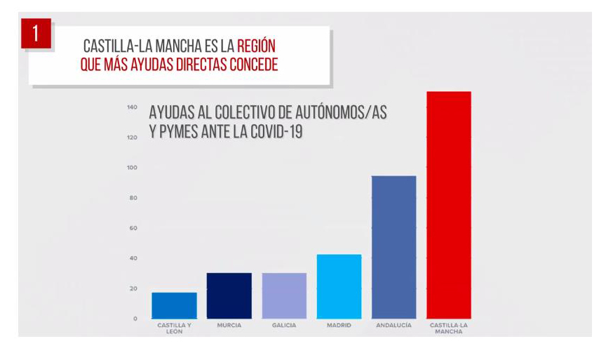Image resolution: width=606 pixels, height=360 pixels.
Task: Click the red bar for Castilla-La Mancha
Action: click(449, 205)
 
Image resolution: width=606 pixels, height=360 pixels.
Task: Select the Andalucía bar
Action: click(394, 247)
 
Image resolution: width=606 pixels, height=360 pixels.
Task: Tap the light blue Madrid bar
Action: click(339, 286)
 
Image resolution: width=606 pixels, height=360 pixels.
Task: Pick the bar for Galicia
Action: click(284, 295)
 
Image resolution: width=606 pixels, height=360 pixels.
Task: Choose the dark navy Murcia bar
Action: click(229, 295)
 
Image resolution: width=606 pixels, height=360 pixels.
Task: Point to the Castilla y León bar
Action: click(174, 305)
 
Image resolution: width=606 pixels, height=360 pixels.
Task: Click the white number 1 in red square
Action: click(36, 35)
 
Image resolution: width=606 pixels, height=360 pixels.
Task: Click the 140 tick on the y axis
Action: click(131, 107)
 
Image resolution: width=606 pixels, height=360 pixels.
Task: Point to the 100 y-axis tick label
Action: click(131, 168)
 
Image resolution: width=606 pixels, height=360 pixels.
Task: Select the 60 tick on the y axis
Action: click(132, 228)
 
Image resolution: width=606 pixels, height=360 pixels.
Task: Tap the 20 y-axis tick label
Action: click(132, 288)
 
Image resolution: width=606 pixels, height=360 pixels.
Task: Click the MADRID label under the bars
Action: click(339, 326)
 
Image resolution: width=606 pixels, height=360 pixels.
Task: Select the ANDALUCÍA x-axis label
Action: click(394, 326)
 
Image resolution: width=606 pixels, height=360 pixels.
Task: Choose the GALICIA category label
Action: click(284, 326)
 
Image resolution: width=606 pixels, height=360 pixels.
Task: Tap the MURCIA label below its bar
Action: click(229, 326)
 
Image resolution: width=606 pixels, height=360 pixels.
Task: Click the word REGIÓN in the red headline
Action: click(256, 47)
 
